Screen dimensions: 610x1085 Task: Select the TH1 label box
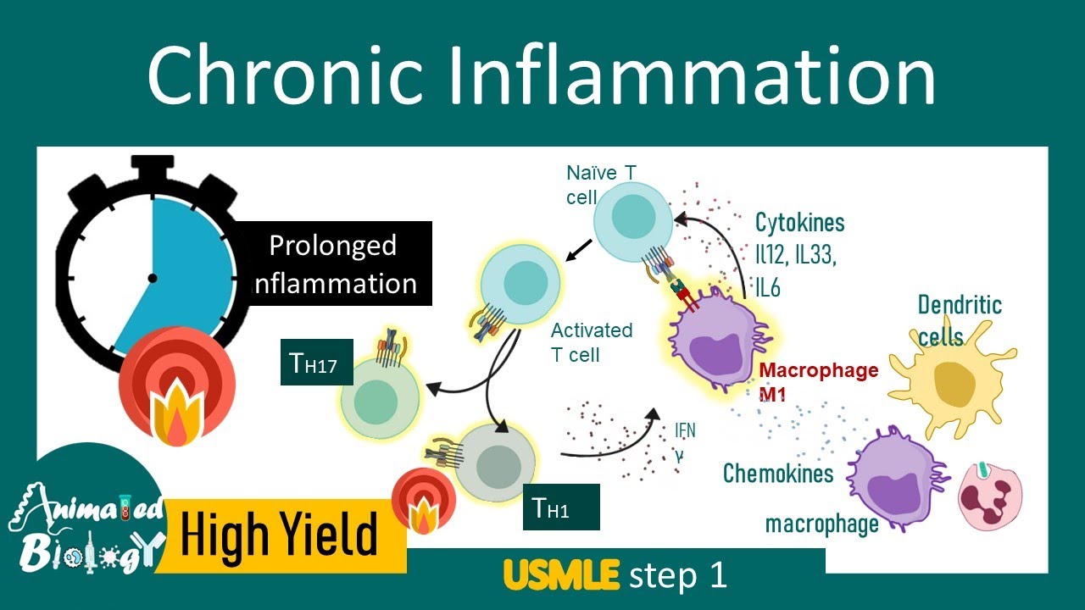(x=560, y=507)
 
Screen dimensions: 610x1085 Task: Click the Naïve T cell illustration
(x=628, y=216)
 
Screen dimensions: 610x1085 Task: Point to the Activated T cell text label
(x=591, y=341)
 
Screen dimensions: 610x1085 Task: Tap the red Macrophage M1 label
(x=818, y=382)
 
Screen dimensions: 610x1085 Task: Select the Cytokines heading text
(x=800, y=224)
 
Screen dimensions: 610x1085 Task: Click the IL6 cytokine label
(x=768, y=288)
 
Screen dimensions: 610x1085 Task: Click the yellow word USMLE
(x=561, y=576)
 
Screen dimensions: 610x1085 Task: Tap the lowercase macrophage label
(x=821, y=524)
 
